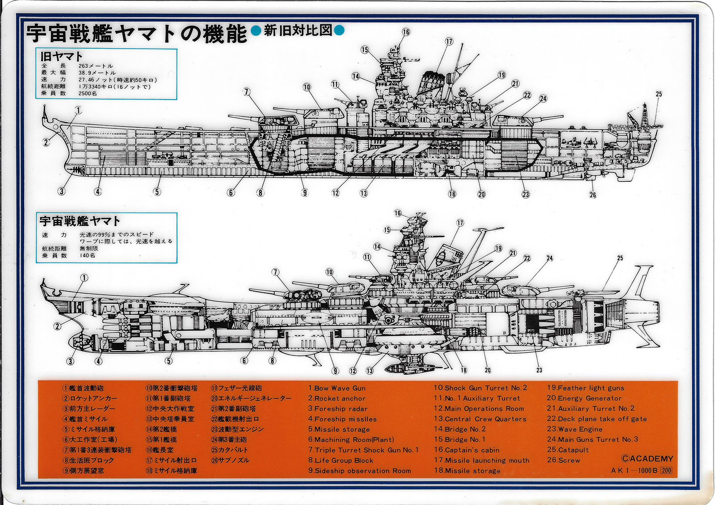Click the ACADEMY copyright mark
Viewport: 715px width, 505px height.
pos(647,459)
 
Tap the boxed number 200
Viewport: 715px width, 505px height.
pos(666,470)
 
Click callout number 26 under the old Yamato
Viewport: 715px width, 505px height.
pos(593,195)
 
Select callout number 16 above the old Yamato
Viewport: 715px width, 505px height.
pos(406,32)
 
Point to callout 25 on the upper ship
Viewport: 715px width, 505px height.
pos(659,94)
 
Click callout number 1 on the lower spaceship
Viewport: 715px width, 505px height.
pos(84,278)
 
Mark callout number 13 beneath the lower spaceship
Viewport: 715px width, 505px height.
pos(370,371)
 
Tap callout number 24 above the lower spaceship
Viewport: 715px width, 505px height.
pos(550,258)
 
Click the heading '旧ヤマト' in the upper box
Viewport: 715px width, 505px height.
pos(62,57)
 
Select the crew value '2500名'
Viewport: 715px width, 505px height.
pos(88,93)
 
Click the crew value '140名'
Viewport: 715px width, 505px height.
pos(88,255)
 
